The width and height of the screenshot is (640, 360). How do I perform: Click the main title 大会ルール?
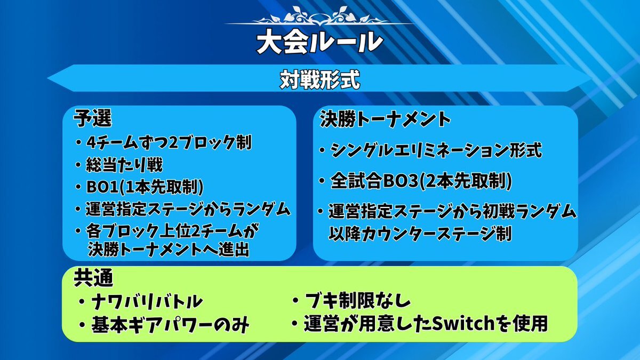click(319, 42)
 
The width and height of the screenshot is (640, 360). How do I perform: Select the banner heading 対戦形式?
click(319, 79)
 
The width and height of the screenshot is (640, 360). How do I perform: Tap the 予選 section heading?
click(93, 118)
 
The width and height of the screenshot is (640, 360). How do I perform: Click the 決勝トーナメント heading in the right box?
click(385, 119)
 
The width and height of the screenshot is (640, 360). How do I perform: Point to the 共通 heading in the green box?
click(93, 277)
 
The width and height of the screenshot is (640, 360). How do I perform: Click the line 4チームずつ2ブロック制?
click(169, 142)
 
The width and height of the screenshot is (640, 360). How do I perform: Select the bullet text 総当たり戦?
click(124, 165)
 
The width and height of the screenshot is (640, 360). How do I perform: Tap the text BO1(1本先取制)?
click(145, 187)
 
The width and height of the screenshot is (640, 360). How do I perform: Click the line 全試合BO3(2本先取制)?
click(421, 181)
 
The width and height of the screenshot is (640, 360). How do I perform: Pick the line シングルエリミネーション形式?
click(436, 150)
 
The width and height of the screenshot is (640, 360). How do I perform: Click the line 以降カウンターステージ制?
click(420, 234)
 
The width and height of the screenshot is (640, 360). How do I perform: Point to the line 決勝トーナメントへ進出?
click(169, 250)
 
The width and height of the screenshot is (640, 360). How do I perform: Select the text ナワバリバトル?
click(147, 302)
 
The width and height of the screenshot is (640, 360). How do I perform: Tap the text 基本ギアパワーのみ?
click(170, 325)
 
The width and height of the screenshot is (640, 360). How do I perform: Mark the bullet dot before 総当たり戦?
click(78, 165)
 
